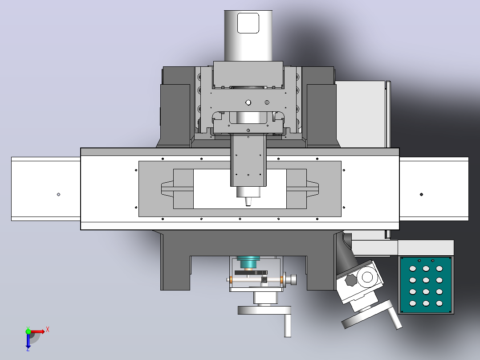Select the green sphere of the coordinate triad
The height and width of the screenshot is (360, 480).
tap(28, 331)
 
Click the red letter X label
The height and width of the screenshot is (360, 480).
tap(48, 330)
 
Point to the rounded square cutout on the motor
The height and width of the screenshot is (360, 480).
tap(248, 23)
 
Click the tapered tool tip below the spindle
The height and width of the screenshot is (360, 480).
tap(248, 201)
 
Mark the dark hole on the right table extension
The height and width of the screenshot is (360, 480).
tap(421, 194)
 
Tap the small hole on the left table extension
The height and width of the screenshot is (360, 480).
tap(58, 194)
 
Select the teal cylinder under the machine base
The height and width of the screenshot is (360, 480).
tap(248, 262)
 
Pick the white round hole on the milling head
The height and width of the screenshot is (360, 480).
tap(248, 102)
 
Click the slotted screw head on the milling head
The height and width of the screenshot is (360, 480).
tap(267, 102)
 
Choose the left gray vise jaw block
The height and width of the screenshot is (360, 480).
tap(183, 189)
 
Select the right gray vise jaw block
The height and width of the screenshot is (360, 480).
tap(297, 189)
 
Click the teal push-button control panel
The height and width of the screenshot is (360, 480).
tap(426, 285)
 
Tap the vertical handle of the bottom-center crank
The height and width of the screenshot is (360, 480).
tap(287, 325)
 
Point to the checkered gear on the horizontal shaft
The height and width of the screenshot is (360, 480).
tap(264, 279)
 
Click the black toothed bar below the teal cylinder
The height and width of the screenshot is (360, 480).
tap(251, 273)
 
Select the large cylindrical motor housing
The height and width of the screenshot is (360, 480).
tap(248, 36)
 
